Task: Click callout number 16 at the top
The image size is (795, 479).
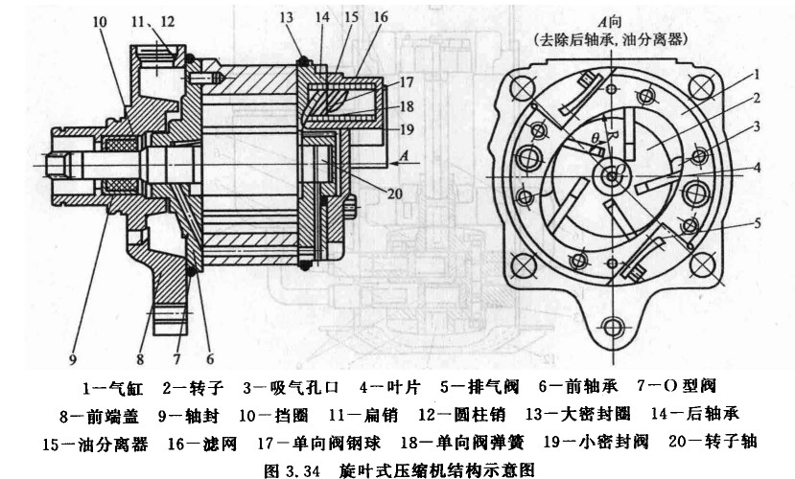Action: coord(382,18)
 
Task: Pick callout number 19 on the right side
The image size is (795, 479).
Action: coord(406,128)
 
